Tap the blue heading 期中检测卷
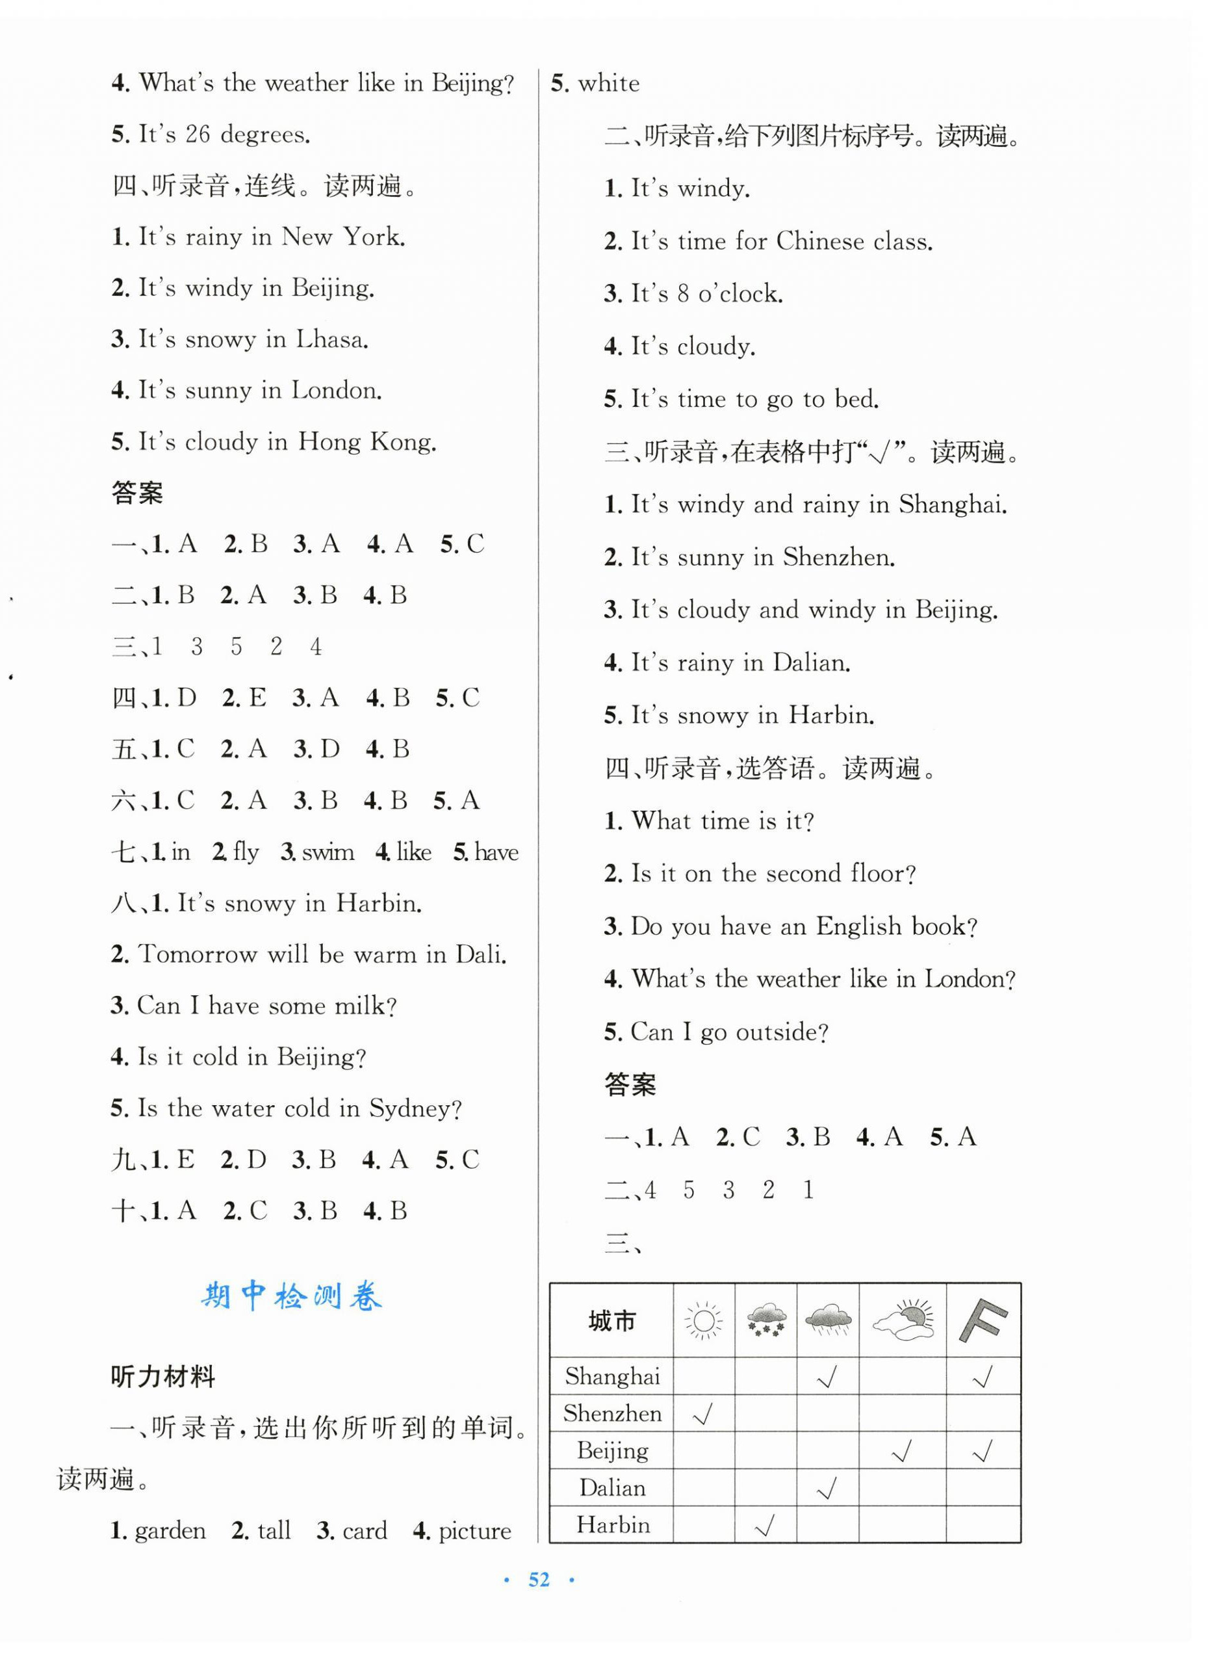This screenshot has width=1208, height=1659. pos(291,1296)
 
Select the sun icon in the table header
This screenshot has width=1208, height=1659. pos(704,1321)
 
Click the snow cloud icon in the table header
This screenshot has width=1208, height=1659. pos(765,1321)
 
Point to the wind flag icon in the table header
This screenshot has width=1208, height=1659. pos(983,1320)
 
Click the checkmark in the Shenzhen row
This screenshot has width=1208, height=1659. pos(702,1415)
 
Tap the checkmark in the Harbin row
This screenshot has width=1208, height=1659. pos(765,1526)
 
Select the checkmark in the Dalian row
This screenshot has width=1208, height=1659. pos(827,1489)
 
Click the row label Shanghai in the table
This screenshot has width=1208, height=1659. pos(612,1377)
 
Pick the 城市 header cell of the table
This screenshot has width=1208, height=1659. pos(612,1321)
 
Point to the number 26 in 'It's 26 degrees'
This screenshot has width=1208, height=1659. pos(198,135)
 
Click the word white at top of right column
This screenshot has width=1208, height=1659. pos(608,83)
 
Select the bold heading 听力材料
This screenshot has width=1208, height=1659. pos(162,1377)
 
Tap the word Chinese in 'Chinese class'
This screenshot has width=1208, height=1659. pos(819,241)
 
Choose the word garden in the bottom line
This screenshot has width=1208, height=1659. pos(170,1530)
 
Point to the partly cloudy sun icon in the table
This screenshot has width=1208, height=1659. pos(903,1321)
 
